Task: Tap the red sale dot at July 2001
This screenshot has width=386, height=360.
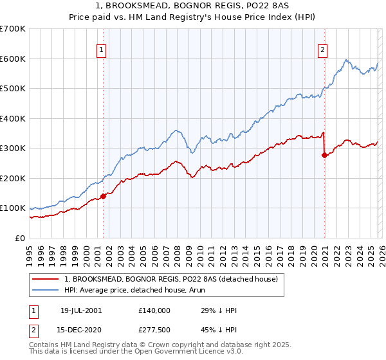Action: [x=103, y=196]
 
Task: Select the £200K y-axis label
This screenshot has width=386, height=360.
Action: [x=12, y=178]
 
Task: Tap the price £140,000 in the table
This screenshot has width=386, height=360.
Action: [x=154, y=310]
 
